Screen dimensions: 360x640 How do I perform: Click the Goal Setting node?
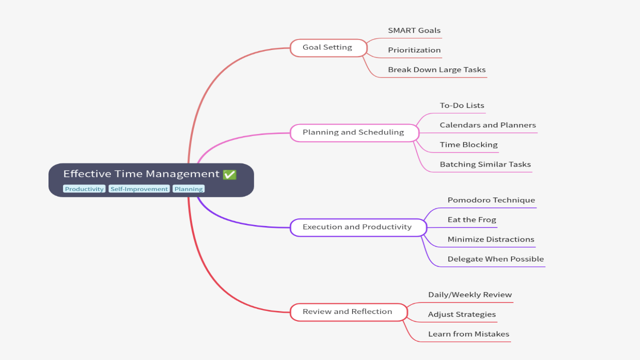[328, 47]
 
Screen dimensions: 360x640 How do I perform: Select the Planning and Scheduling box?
[353, 132]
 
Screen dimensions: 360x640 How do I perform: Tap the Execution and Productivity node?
[357, 227]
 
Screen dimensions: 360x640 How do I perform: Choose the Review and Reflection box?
[348, 311]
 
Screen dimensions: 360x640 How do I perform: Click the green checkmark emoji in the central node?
[229, 174]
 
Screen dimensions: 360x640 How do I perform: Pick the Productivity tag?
[84, 189]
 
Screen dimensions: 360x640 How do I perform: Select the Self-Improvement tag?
[139, 189]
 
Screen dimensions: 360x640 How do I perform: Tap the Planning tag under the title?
[188, 189]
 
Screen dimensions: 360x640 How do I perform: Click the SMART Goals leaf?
[414, 30]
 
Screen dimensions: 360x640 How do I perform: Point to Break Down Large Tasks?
[436, 70]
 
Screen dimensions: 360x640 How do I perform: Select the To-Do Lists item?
[461, 105]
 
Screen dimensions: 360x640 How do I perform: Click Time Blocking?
[468, 145]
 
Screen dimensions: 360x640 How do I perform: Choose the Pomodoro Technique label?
[491, 200]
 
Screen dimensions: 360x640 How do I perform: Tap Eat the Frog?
[471, 220]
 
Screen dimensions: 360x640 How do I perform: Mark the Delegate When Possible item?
[495, 259]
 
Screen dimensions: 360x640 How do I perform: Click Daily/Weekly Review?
[469, 295]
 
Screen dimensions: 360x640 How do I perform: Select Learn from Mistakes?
[468, 334]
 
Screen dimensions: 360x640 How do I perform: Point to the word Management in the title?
[186, 174]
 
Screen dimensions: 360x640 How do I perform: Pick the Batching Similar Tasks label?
[485, 164]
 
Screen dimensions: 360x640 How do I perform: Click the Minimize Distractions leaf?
[490, 239]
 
